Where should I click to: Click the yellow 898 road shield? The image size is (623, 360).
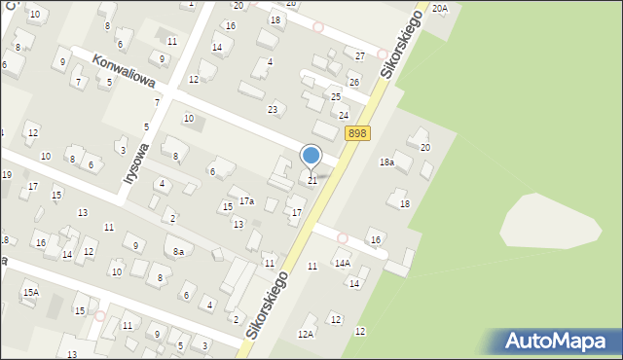click(x=356, y=133)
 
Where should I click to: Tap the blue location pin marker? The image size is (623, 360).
click(x=311, y=156)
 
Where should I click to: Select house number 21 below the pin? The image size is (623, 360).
click(x=312, y=180)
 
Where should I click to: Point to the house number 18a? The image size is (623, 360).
click(x=386, y=162)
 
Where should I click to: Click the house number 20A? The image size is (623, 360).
click(x=440, y=8)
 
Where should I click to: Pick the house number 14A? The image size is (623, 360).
click(x=343, y=263)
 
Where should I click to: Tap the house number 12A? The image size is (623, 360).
click(x=306, y=334)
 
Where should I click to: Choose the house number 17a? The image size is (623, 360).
click(x=247, y=201)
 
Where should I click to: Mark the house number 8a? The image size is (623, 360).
click(x=179, y=251)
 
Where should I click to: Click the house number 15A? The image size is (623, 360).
click(x=31, y=292)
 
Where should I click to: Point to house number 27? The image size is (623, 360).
click(x=360, y=55)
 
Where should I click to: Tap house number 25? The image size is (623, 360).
click(x=336, y=97)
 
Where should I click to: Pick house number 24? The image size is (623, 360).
click(x=344, y=115)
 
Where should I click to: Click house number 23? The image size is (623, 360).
click(x=274, y=109)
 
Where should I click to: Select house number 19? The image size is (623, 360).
click(x=6, y=175)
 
